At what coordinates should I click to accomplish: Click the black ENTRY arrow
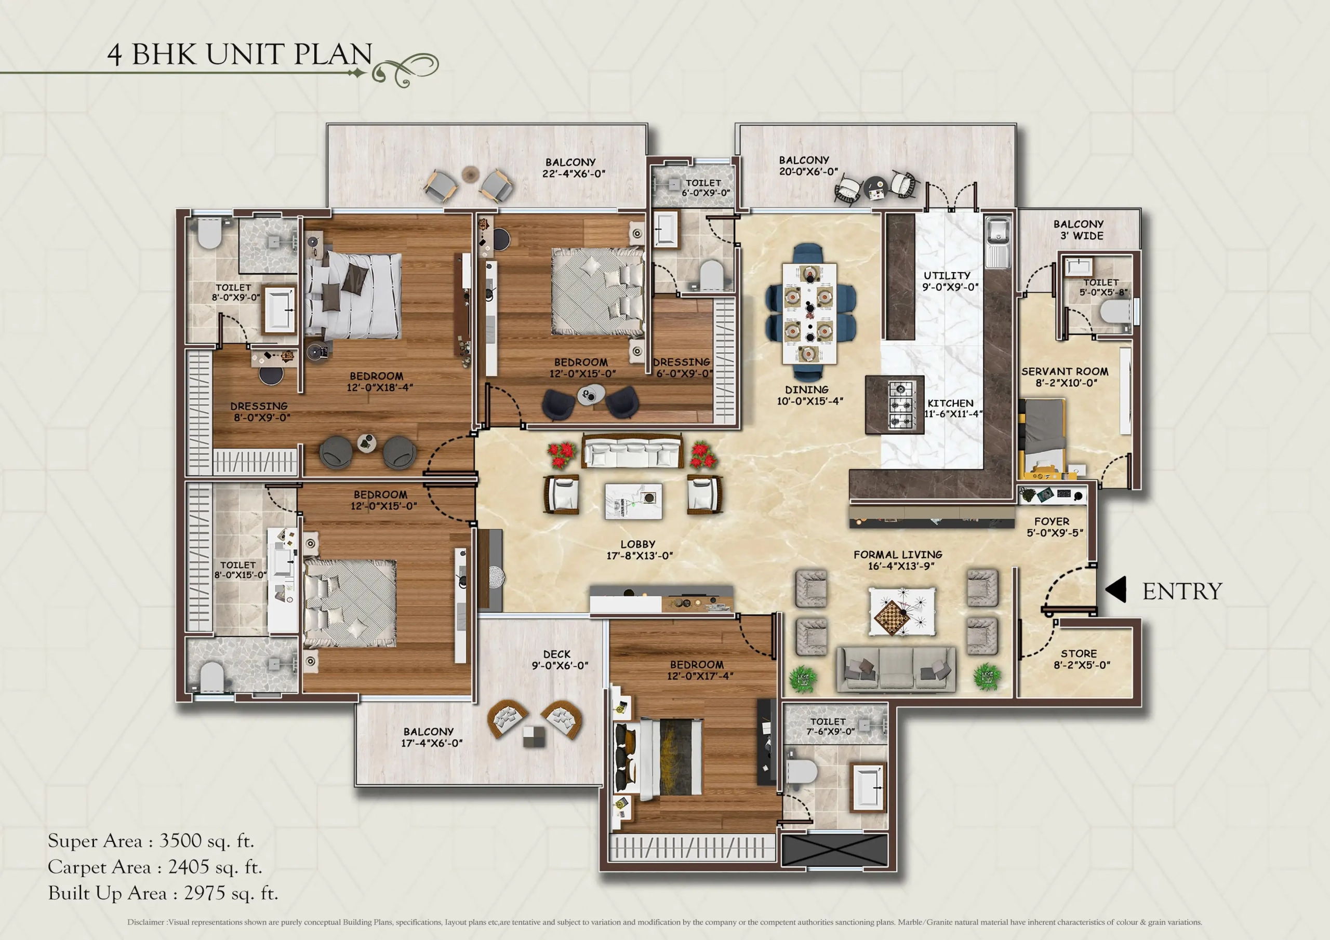pyautogui.click(x=1117, y=589)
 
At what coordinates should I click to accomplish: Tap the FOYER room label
pyautogui.click(x=1052, y=521)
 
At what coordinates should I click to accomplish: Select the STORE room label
pyautogui.click(x=1079, y=653)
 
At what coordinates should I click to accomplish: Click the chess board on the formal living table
pyautogui.click(x=892, y=616)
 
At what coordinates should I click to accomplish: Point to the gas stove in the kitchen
pyautogui.click(x=901, y=404)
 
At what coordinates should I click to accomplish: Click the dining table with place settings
pyautogui.click(x=809, y=313)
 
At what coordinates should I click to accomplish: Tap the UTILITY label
pyautogui.click(x=947, y=276)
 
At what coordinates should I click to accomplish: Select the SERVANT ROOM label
pyautogui.click(x=1065, y=371)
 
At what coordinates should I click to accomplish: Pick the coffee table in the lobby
pyautogui.click(x=634, y=501)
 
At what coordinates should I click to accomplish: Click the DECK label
pyautogui.click(x=556, y=654)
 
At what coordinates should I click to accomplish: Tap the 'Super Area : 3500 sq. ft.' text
pyautogui.click(x=151, y=840)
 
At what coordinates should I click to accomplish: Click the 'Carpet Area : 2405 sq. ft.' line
pyautogui.click(x=155, y=866)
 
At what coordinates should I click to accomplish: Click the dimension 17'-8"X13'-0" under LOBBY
pyautogui.click(x=640, y=555)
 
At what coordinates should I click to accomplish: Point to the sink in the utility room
pyautogui.click(x=997, y=231)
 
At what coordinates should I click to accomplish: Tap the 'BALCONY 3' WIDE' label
pyautogui.click(x=1079, y=230)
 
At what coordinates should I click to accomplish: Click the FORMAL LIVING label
pyautogui.click(x=898, y=554)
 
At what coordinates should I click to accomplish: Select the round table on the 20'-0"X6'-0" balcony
pyautogui.click(x=875, y=188)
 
